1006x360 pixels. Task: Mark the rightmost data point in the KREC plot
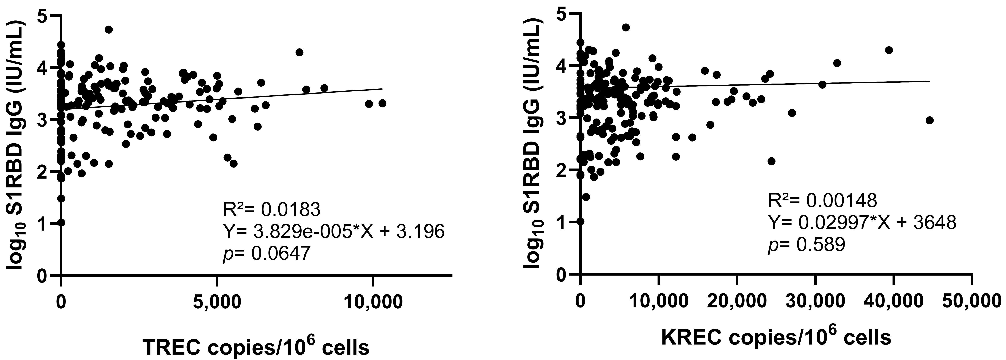click(929, 120)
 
